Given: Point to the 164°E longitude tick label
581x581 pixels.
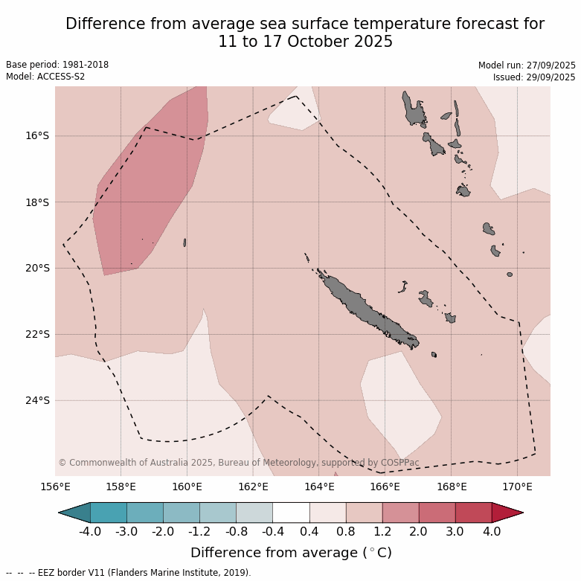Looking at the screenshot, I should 319,487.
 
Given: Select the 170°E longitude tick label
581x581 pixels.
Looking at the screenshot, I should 517,487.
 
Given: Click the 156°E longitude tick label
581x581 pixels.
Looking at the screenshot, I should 55,487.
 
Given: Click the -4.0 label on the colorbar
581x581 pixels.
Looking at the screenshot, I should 90,531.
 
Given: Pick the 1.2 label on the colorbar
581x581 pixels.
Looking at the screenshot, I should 382,531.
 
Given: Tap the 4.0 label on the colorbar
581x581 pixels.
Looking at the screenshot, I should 492,531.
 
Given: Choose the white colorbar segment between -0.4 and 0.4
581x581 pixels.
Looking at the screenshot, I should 291,513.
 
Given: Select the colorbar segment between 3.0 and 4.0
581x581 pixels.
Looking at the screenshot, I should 473,513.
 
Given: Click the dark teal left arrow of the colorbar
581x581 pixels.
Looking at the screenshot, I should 75,513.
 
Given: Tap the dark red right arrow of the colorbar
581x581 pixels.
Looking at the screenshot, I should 507,513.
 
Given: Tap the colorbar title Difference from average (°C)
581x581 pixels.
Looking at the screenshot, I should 291,553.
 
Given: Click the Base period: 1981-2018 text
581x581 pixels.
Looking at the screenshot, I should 57,65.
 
